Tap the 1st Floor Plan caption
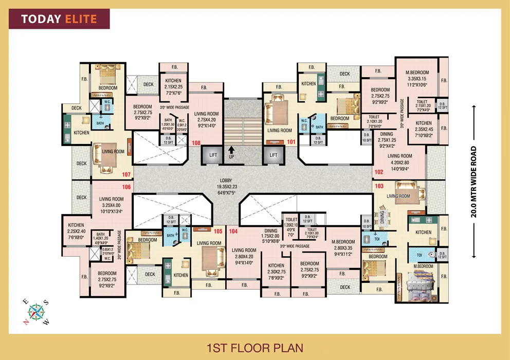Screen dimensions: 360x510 pyautogui.click(x=254, y=348)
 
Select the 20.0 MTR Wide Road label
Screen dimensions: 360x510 pyautogui.click(x=473, y=183)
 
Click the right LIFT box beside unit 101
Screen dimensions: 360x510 pyautogui.click(x=274, y=155)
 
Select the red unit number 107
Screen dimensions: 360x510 pyautogui.click(x=126, y=175)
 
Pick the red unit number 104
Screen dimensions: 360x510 pyautogui.click(x=233, y=231)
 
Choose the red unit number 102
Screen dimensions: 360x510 pyautogui.click(x=379, y=172)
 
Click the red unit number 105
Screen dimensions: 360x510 pyautogui.click(x=217, y=231)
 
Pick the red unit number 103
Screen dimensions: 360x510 pyautogui.click(x=379, y=186)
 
